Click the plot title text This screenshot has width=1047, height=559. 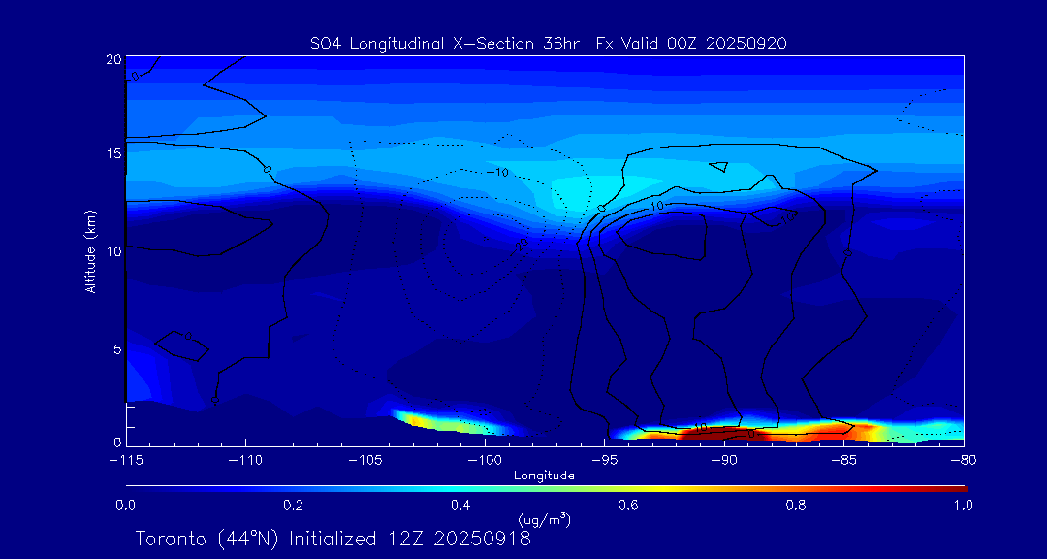click(x=548, y=43)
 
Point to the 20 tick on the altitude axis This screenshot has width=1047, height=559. click(x=113, y=59)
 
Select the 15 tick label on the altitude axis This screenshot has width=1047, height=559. click(x=113, y=153)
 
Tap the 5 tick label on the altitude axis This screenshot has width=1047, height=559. click(x=117, y=348)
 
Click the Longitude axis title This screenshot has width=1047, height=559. click(x=544, y=476)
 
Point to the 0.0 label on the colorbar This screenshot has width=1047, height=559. click(x=125, y=505)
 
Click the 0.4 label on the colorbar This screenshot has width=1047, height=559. click(x=460, y=505)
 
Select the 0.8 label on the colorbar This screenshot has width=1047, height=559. click(x=796, y=505)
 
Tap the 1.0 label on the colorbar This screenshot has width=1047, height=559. click(x=964, y=505)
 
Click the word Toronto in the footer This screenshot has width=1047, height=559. click(x=169, y=539)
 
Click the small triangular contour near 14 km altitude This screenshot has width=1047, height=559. click(x=718, y=166)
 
